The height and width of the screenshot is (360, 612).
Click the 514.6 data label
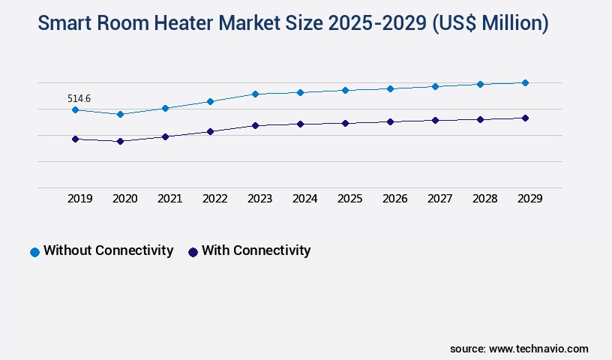point(79,98)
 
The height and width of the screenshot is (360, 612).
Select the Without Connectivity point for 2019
point(75,110)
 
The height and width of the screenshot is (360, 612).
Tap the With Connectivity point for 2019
point(75,139)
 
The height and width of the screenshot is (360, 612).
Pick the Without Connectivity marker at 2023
point(255,94)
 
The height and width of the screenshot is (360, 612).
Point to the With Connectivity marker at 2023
point(255,125)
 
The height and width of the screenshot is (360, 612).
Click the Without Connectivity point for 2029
point(525,82)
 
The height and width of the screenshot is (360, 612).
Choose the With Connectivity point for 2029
point(525,118)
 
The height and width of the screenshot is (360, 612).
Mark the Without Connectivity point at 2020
point(120,114)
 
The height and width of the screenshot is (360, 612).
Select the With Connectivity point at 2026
point(390,121)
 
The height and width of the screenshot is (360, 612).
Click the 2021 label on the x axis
point(169,199)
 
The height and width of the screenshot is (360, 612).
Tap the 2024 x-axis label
point(304,199)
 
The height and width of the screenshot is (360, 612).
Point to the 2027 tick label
point(439,199)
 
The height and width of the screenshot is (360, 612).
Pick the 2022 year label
point(214,199)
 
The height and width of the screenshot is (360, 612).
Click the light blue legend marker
point(34,252)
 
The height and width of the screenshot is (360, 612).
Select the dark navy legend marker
point(193,252)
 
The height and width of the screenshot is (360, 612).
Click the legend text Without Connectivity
point(108,250)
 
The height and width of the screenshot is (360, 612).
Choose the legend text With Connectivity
point(256,250)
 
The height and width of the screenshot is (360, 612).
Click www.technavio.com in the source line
point(538,349)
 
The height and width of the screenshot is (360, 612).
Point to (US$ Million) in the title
point(488,23)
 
